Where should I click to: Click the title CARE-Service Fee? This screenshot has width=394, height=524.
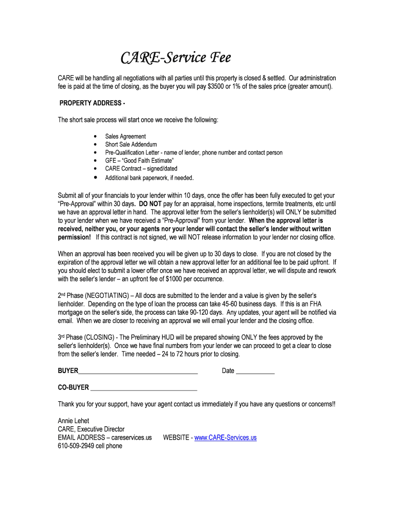pos(176,59)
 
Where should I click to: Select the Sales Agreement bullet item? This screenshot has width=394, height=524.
pos(125,137)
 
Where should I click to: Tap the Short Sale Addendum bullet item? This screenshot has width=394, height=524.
pos(131,145)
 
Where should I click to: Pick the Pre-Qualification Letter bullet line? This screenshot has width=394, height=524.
pos(193,152)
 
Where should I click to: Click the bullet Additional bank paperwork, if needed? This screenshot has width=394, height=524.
pos(149,178)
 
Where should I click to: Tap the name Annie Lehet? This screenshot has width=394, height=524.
pos(73,421)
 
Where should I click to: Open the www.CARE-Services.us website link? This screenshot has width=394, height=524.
pos(225,438)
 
